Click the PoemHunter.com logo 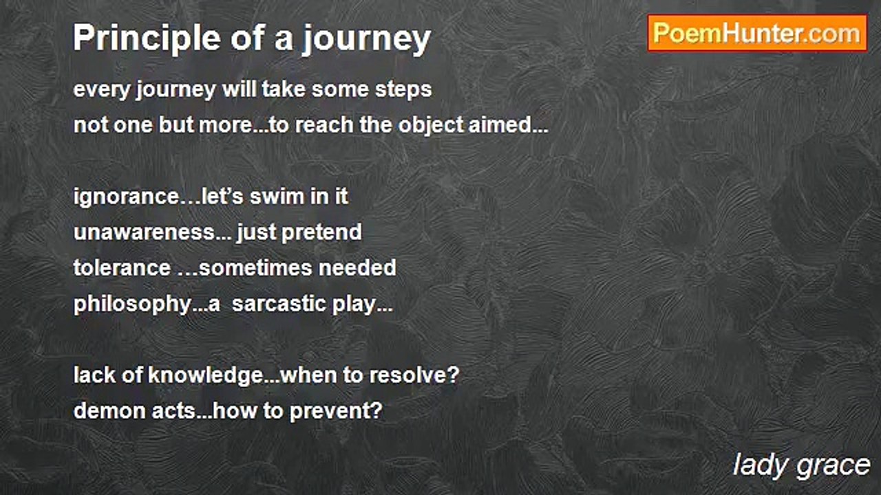[x=757, y=34]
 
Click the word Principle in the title [x=147, y=38]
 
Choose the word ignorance [x=126, y=197]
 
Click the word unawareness [x=145, y=233]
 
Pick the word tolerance [x=122, y=268]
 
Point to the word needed [x=357, y=268]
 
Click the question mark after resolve [x=454, y=375]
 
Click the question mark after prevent [x=376, y=411]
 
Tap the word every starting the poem [x=103, y=91]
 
